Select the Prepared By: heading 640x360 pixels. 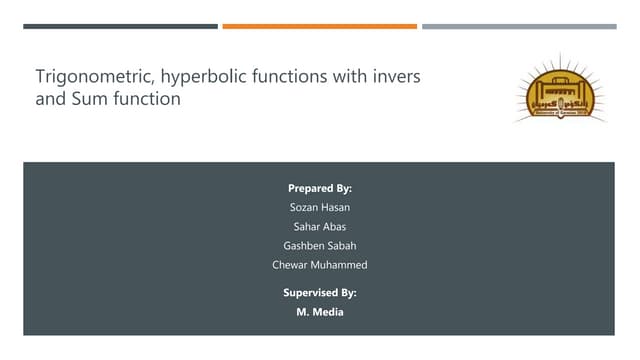320,188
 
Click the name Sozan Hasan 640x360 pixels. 320,207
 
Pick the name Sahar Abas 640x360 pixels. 320,226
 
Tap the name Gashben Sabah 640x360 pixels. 320,245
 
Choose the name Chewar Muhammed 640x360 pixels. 320,264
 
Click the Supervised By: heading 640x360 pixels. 320,292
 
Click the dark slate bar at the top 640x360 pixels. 120,26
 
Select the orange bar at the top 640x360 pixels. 319,26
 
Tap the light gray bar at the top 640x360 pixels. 518,26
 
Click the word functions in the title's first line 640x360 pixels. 273,76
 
